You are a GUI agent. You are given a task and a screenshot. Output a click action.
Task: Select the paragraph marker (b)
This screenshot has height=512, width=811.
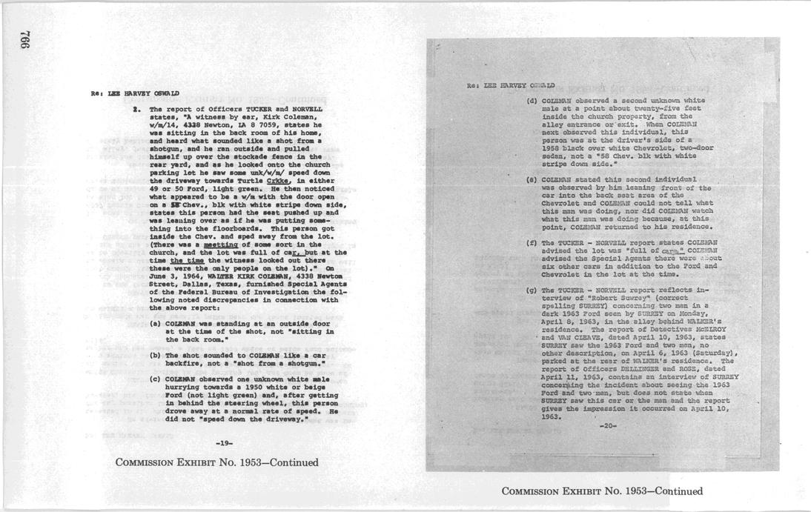click(x=156, y=355)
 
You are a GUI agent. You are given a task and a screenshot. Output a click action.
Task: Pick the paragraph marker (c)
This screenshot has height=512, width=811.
click(x=156, y=380)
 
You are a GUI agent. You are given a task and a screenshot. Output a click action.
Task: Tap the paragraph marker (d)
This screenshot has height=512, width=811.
click(x=532, y=100)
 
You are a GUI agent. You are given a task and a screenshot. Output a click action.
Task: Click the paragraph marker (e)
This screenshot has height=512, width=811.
click(x=532, y=179)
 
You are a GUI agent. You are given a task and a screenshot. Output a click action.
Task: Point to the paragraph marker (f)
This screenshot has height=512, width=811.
click(x=532, y=242)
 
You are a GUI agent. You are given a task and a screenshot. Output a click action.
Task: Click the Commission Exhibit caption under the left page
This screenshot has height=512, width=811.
click(x=217, y=462)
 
